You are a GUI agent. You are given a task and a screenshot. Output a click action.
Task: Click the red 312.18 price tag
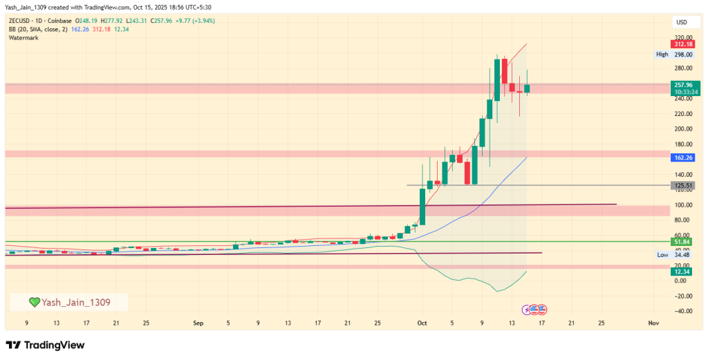click(x=683, y=44)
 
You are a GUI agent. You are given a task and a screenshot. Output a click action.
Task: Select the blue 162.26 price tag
click(x=683, y=158)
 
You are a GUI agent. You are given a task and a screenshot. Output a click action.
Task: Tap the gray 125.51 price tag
click(x=683, y=185)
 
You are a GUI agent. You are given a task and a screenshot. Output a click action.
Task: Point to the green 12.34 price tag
click(x=683, y=272)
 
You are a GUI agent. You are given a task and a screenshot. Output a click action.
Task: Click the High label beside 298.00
click(x=662, y=55)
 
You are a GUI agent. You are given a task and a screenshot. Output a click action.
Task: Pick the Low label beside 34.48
click(x=662, y=255)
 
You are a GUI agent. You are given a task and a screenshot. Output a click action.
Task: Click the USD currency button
click(x=681, y=23)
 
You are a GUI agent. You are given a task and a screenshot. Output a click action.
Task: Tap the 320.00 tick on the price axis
click(x=683, y=38)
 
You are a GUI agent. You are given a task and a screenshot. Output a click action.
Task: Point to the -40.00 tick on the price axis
click(x=683, y=311)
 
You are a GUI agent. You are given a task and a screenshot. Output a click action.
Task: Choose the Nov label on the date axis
click(x=653, y=323)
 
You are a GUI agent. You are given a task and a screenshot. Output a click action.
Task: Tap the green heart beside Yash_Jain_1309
click(x=34, y=302)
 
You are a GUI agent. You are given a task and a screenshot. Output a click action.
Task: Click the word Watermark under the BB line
click(x=24, y=38)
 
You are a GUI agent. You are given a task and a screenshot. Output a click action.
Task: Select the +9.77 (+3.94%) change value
click(x=194, y=21)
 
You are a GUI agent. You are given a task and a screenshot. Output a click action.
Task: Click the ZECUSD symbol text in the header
click(x=21, y=21)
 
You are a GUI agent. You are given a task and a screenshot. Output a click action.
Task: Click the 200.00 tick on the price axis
click(x=683, y=129)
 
